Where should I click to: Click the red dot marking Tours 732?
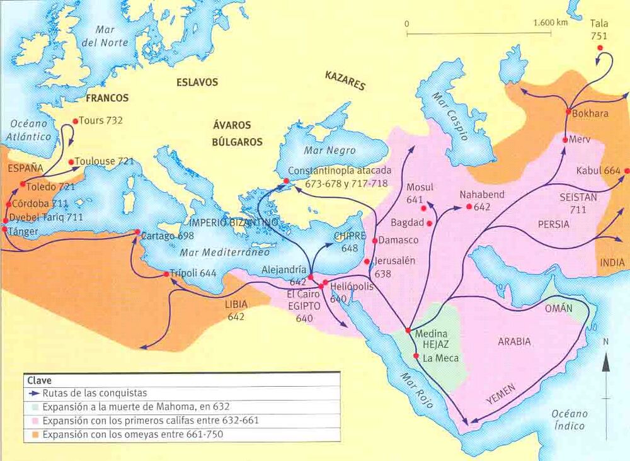click(x=76, y=121)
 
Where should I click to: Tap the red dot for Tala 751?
click(x=600, y=48)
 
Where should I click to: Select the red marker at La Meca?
click(x=416, y=356)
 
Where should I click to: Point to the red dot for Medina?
click(x=408, y=331)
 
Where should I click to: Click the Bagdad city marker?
click(x=430, y=223)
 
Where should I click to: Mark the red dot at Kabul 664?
click(x=627, y=171)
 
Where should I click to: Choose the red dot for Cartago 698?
click(x=137, y=233)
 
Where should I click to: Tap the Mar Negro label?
click(x=329, y=151)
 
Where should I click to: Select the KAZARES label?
click(x=345, y=80)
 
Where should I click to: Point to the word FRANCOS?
click(x=107, y=98)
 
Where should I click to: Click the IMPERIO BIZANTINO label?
click(x=232, y=223)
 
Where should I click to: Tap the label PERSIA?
click(x=553, y=224)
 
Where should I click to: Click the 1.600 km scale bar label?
click(x=550, y=23)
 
